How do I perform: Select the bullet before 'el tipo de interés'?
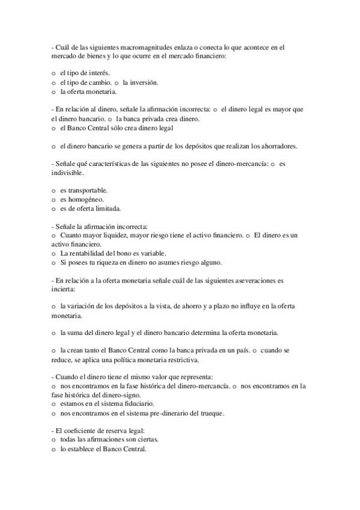(x=53, y=73)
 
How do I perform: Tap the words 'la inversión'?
(x=141, y=82)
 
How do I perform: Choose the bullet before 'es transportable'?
(x=53, y=190)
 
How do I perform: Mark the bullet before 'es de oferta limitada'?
(x=53, y=208)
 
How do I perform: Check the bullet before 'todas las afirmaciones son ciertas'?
(x=53, y=440)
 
